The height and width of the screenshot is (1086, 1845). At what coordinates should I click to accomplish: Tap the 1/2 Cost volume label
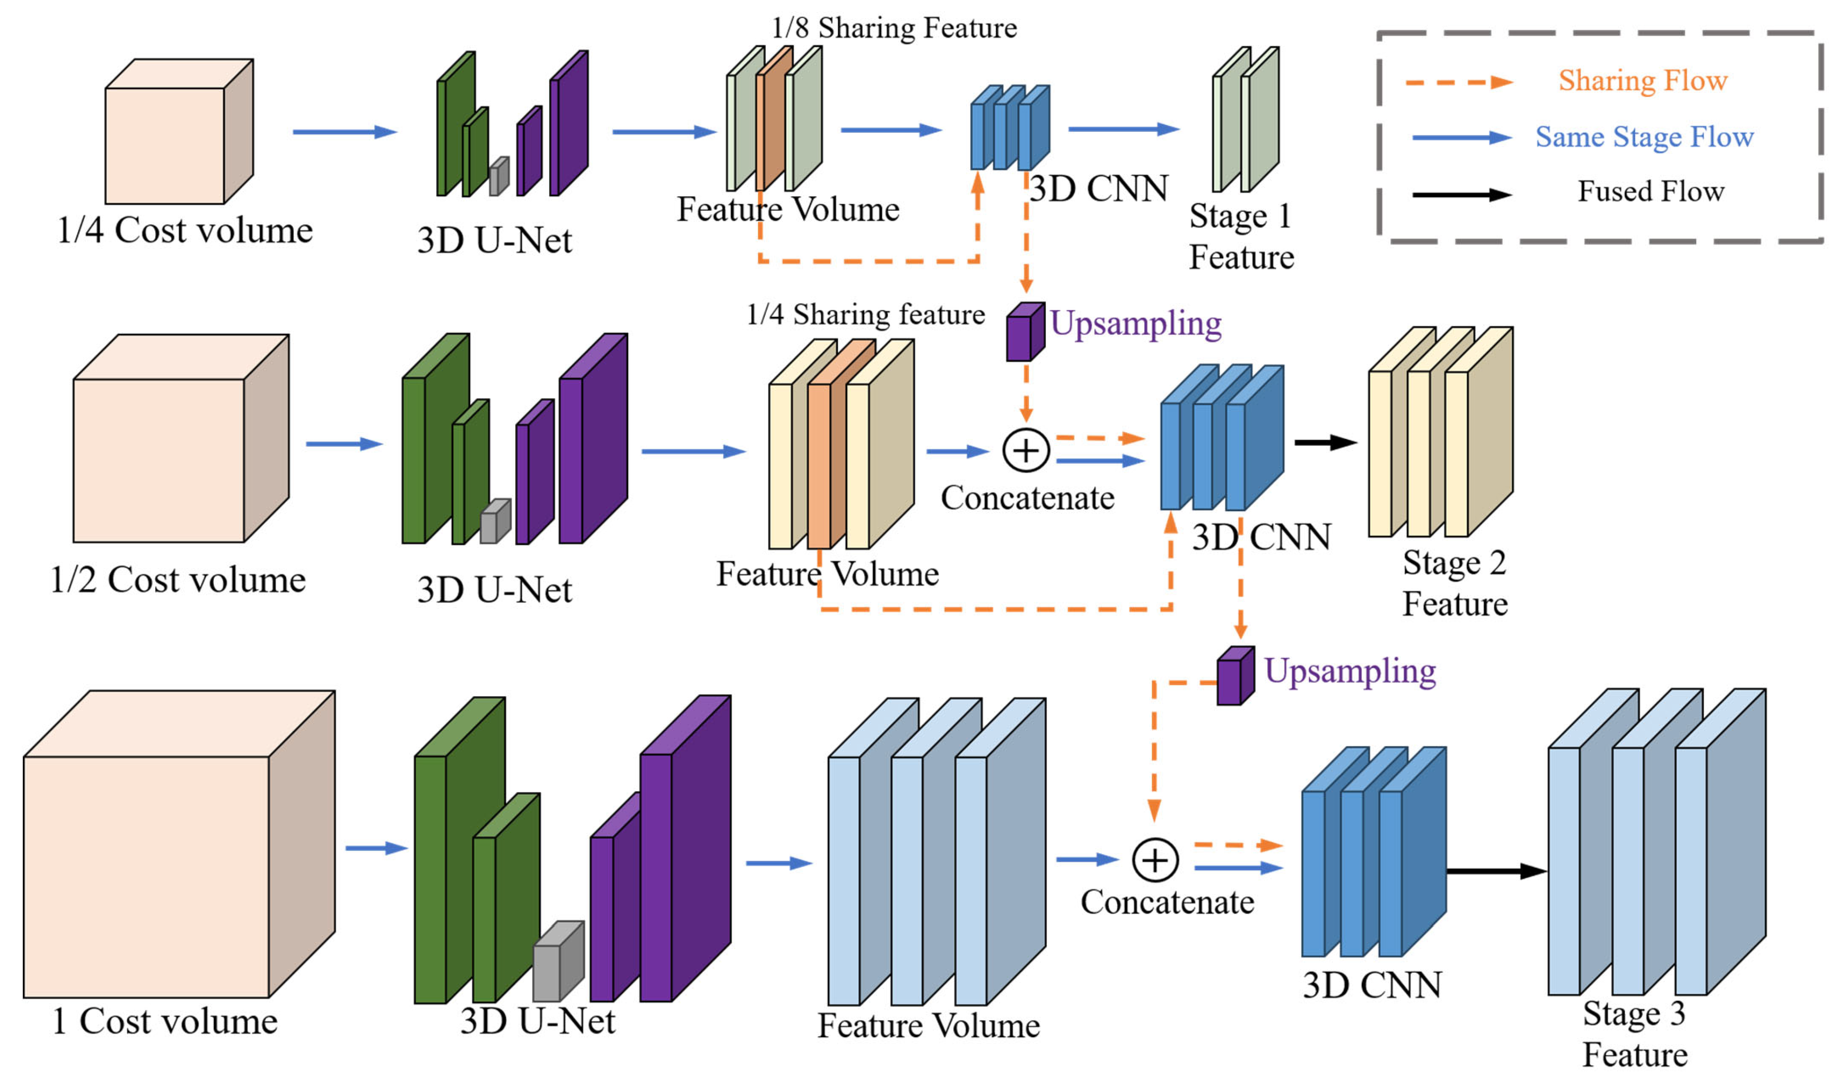click(178, 580)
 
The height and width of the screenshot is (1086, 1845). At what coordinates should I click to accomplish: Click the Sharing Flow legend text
click(1642, 81)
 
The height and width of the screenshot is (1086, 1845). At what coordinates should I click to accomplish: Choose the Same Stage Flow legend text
click(1644, 137)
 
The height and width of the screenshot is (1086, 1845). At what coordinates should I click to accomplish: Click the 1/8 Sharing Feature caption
click(894, 28)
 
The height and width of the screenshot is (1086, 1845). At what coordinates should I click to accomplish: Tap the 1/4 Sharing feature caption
click(865, 315)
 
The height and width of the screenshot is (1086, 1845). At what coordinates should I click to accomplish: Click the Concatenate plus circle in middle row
click(1026, 450)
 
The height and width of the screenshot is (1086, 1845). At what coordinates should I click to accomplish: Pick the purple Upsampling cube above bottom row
click(1235, 677)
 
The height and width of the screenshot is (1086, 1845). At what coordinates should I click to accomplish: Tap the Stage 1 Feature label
click(1241, 236)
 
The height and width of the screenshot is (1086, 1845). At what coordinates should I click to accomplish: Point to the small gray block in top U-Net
click(499, 177)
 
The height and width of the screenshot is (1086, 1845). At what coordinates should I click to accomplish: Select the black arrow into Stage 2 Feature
click(1325, 442)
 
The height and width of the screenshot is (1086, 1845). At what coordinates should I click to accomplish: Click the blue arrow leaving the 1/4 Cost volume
click(344, 132)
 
